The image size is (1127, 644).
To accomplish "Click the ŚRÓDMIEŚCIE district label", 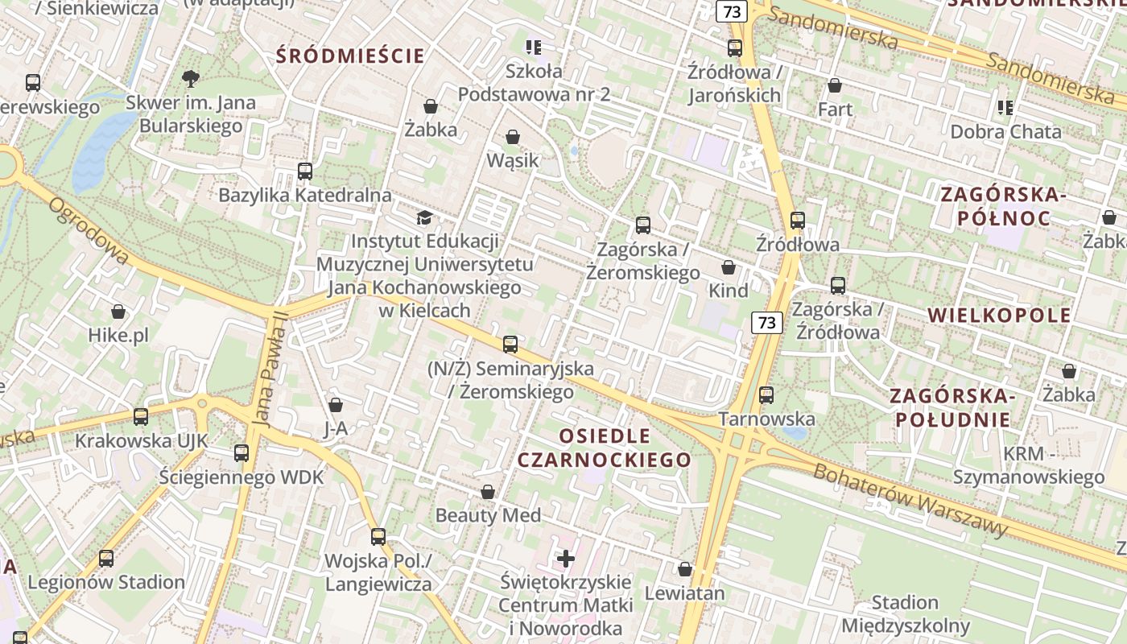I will (350, 56).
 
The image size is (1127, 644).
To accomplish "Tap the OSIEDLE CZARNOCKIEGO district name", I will (604, 448).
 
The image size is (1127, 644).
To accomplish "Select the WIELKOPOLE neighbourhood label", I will (999, 315).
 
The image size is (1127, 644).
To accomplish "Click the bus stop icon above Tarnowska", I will (766, 395).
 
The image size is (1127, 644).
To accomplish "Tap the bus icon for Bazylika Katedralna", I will (304, 171).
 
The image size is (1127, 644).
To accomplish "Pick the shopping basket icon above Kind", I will (729, 267).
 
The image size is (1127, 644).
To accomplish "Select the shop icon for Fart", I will (835, 85).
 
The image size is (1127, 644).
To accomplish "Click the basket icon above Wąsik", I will (513, 137).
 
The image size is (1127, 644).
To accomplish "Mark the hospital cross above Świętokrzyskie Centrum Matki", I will (566, 558).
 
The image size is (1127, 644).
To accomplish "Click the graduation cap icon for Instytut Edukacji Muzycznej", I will (424, 217).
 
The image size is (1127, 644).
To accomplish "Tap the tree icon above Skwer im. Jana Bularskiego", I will (191, 79).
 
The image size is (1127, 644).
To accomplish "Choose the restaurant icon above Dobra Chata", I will (1005, 107).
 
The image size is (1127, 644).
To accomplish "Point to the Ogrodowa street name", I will (89, 231).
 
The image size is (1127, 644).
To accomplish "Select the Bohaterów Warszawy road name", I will (910, 500).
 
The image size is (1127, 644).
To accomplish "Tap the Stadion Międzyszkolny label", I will (906, 614).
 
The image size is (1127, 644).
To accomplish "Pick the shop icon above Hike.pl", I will (118, 312).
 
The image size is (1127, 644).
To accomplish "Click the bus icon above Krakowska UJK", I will (141, 417).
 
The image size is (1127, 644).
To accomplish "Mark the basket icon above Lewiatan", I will (685, 570).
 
